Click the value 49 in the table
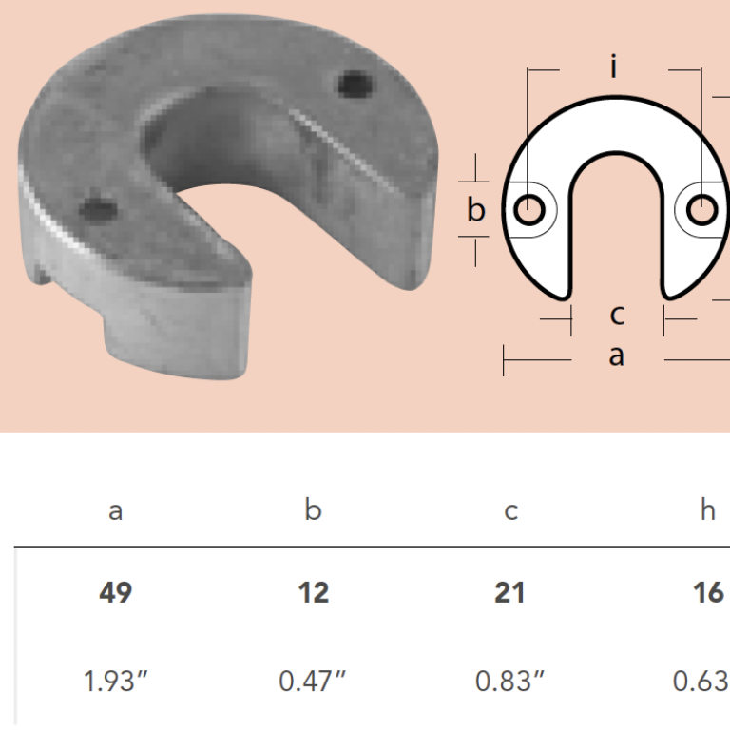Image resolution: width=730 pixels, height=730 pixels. click(115, 593)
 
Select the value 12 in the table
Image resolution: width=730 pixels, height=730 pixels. click(314, 593)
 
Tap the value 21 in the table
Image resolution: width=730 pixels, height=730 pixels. click(509, 593)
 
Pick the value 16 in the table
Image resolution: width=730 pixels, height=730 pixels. click(708, 593)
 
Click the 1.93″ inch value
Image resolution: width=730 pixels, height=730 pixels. click(115, 682)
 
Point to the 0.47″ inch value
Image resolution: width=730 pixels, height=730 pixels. click(313, 682)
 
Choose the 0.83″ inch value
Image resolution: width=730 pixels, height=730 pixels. click(509, 682)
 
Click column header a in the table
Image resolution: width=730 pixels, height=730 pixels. click(115, 511)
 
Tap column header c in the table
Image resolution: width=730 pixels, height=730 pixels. click(510, 511)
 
